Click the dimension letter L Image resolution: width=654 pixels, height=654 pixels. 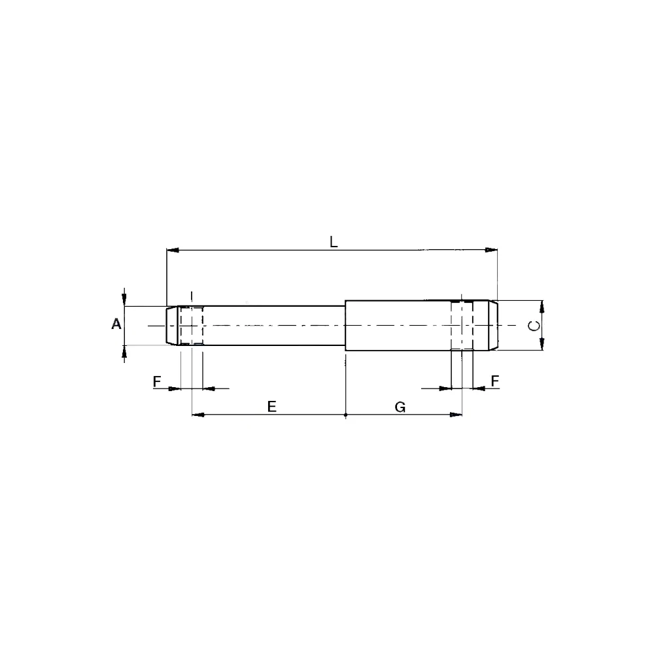pos(334,242)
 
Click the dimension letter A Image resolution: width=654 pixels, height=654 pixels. pos(116,324)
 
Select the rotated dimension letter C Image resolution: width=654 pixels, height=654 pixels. pos(534,325)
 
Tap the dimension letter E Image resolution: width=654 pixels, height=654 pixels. pos(271,406)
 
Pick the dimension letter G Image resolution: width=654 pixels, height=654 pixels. pos(400,407)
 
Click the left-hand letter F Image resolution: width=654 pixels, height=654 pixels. pos(157,381)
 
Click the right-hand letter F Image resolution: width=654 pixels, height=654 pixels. pos(494,381)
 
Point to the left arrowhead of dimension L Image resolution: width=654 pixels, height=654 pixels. pos(173,250)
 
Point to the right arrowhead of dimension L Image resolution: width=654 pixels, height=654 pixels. pos(491,250)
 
